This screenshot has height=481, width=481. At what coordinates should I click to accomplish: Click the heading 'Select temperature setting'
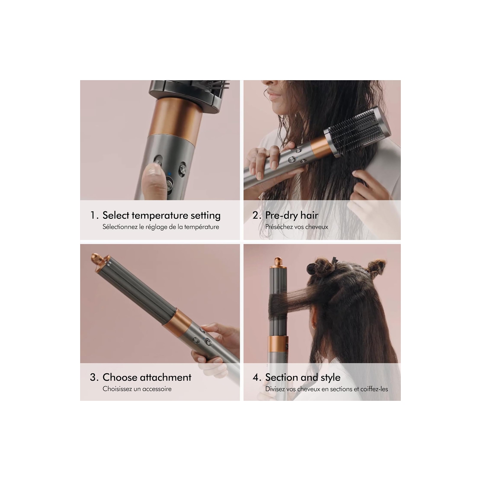click(x=161, y=215)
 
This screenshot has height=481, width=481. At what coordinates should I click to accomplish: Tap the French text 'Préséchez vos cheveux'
click(x=296, y=227)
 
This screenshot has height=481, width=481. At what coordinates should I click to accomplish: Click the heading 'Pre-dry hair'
click(x=291, y=215)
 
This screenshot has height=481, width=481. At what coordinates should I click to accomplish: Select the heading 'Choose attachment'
click(x=147, y=377)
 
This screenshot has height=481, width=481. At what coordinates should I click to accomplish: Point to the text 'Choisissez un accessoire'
click(x=137, y=389)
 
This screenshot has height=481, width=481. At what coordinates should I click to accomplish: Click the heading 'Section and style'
click(x=303, y=377)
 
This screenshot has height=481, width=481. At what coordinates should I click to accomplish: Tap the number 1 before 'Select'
click(x=93, y=215)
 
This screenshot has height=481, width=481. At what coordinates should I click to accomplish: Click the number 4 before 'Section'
click(x=256, y=377)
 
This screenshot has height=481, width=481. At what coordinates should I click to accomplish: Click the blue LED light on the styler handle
click(x=169, y=174)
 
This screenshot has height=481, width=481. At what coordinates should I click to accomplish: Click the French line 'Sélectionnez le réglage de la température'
click(x=161, y=227)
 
